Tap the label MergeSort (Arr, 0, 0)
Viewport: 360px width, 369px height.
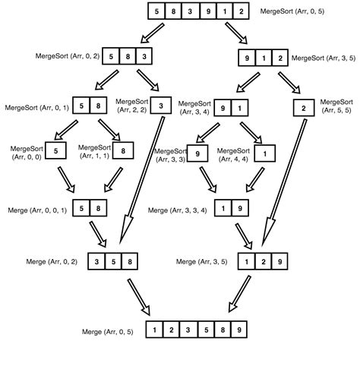coord(27,151)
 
